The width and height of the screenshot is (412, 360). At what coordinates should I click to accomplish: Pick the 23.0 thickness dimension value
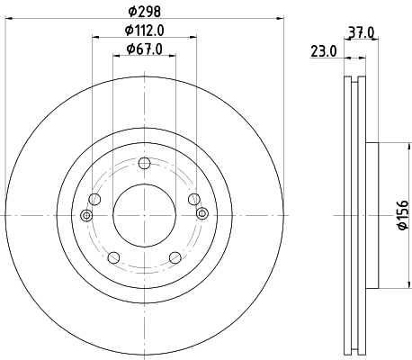point(325,51)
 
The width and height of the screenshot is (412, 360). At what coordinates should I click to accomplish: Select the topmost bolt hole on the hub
point(144,162)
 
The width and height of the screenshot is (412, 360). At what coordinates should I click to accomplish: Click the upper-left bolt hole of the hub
point(94,200)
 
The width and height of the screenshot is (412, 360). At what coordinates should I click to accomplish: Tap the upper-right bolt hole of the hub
point(193,200)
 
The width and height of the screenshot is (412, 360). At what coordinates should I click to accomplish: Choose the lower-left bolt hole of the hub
point(113,257)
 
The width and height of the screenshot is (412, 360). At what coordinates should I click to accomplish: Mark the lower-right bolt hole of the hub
point(175,257)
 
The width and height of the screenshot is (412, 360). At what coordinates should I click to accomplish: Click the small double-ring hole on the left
point(86,214)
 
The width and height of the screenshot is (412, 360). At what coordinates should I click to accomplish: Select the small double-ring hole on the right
point(202,214)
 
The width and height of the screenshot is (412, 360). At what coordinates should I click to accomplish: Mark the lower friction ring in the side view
point(354,315)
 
